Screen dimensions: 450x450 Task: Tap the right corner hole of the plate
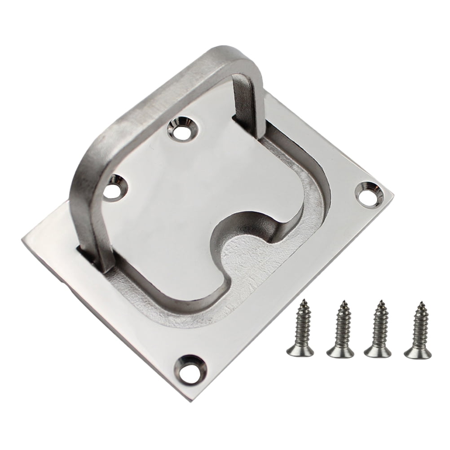pos(368,192)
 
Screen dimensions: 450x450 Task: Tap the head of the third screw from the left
pos(376,351)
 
